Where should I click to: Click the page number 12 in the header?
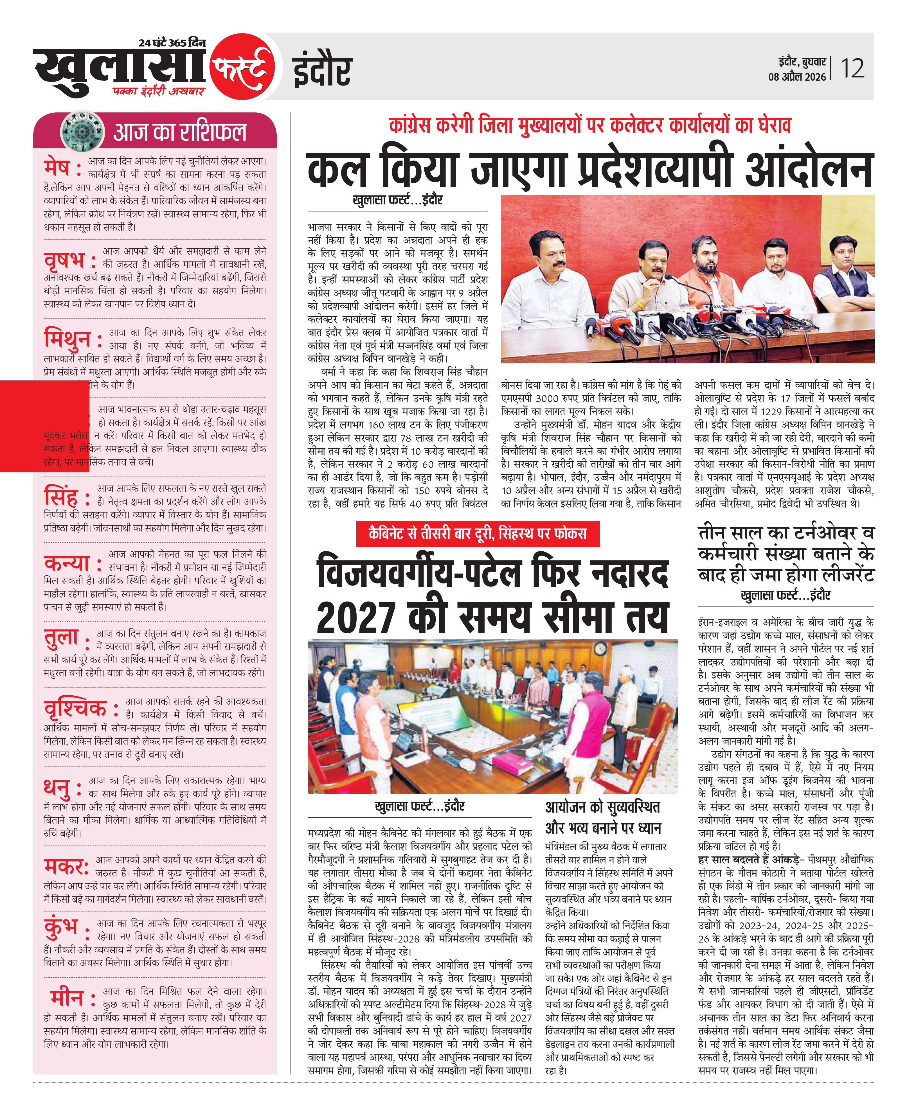point(852,68)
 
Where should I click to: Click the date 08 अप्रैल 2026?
point(797,77)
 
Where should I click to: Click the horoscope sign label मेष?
point(57,168)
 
